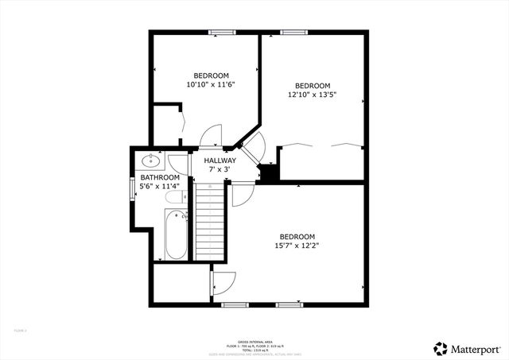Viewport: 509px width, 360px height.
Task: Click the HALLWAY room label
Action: pyautogui.click(x=220, y=161)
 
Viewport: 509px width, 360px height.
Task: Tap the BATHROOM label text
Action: pyautogui.click(x=159, y=177)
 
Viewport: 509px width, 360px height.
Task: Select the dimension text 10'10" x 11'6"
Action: pyautogui.click(x=211, y=84)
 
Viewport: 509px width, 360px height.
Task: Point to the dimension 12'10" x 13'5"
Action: pyautogui.click(x=312, y=95)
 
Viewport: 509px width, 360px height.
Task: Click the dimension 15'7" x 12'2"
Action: pyautogui.click(x=297, y=246)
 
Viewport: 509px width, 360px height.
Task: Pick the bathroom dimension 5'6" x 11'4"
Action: pyautogui.click(x=160, y=186)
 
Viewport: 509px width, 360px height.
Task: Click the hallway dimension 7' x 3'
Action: pyautogui.click(x=220, y=169)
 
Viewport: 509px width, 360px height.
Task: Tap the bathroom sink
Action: pyautogui.click(x=152, y=157)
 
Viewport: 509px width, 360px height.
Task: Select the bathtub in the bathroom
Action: pyautogui.click(x=175, y=234)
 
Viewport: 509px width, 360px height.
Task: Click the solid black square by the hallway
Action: pyautogui.click(x=269, y=171)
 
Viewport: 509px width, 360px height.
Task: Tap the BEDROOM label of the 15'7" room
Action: pyautogui.click(x=297, y=237)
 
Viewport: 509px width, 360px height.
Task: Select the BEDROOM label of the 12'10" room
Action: pyautogui.click(x=313, y=86)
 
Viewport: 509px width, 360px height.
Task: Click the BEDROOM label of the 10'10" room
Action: pyautogui.click(x=211, y=75)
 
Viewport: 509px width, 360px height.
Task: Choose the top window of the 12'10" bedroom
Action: pyautogui.click(x=293, y=33)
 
